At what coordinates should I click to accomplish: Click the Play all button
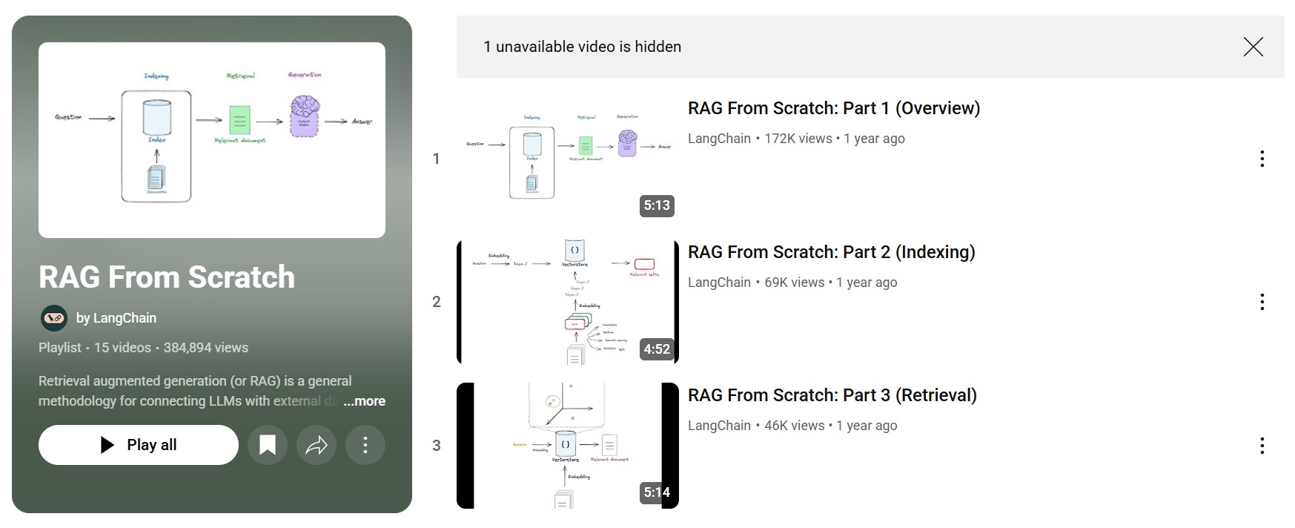point(139,445)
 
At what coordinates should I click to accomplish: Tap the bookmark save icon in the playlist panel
point(268,445)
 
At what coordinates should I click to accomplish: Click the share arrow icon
point(317,445)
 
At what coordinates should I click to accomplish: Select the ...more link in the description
point(365,401)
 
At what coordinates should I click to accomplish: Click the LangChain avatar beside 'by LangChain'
point(54,318)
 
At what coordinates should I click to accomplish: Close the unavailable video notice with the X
point(1253,47)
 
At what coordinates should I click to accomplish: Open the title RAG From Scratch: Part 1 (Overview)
point(833,108)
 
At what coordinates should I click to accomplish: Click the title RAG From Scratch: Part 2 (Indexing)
point(831,252)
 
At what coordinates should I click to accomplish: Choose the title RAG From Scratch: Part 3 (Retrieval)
point(832,395)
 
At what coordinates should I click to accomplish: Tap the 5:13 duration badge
point(657,205)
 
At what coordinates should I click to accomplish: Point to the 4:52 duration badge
point(657,349)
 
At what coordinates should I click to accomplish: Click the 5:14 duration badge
point(657,492)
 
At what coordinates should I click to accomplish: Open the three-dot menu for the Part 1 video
point(1262,159)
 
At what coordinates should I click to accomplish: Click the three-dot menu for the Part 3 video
point(1262,446)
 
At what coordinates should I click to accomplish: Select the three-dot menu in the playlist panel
point(365,445)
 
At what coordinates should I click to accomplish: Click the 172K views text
point(798,139)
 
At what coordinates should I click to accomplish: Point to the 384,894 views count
point(205,348)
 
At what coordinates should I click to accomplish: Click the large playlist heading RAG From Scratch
point(167,277)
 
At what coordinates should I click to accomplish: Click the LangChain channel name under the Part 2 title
point(719,283)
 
